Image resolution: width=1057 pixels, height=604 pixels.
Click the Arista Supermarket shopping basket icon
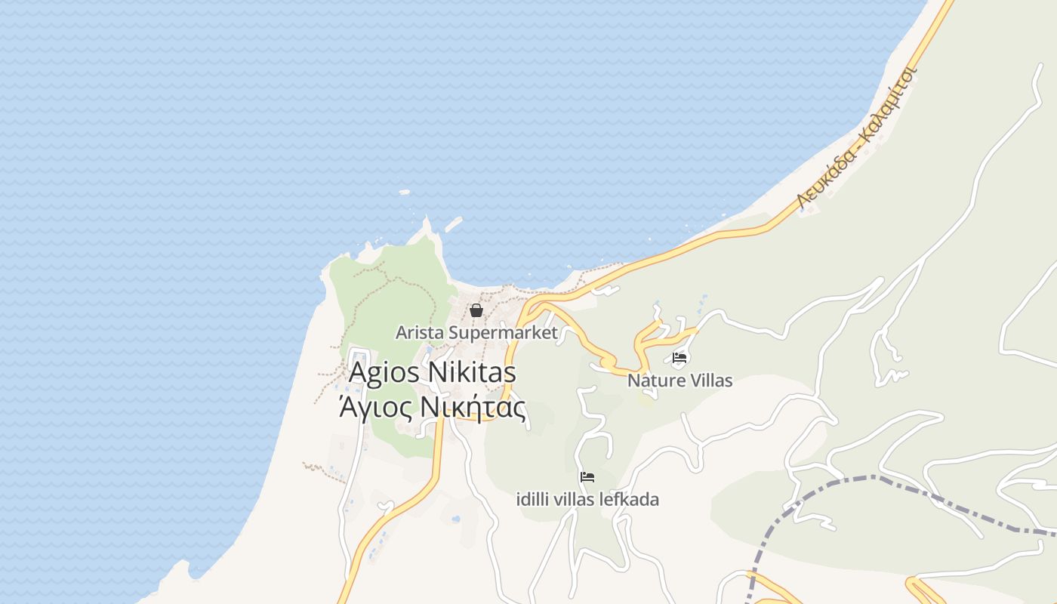click(476, 310)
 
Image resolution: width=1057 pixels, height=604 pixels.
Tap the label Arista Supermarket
click(476, 332)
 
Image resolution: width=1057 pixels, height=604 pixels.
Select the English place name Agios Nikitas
click(432, 372)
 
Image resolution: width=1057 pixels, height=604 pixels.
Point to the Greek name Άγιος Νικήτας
click(432, 408)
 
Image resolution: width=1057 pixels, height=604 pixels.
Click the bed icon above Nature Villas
click(679, 358)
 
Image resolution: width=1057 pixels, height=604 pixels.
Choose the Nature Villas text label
click(679, 381)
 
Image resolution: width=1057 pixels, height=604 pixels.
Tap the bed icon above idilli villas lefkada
click(587, 477)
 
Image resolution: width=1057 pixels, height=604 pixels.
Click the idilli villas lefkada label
click(587, 500)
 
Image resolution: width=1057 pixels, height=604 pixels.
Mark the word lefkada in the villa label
click(629, 500)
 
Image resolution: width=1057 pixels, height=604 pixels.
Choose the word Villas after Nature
click(707, 381)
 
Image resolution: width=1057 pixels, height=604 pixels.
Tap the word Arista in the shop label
click(419, 332)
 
